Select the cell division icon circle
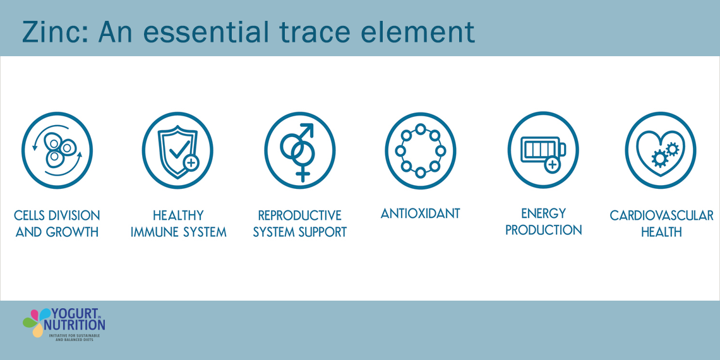[x=57, y=150]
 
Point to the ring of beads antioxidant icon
[x=421, y=150]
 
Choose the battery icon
[x=543, y=152]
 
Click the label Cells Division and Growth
[x=57, y=224]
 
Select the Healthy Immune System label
[x=179, y=224]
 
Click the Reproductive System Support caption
[x=300, y=224]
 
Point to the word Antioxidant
[x=421, y=213]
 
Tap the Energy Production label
[x=544, y=221]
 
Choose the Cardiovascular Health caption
[x=662, y=224]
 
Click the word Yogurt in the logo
[x=73, y=314]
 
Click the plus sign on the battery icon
[x=553, y=164]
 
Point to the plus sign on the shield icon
[x=191, y=162]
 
